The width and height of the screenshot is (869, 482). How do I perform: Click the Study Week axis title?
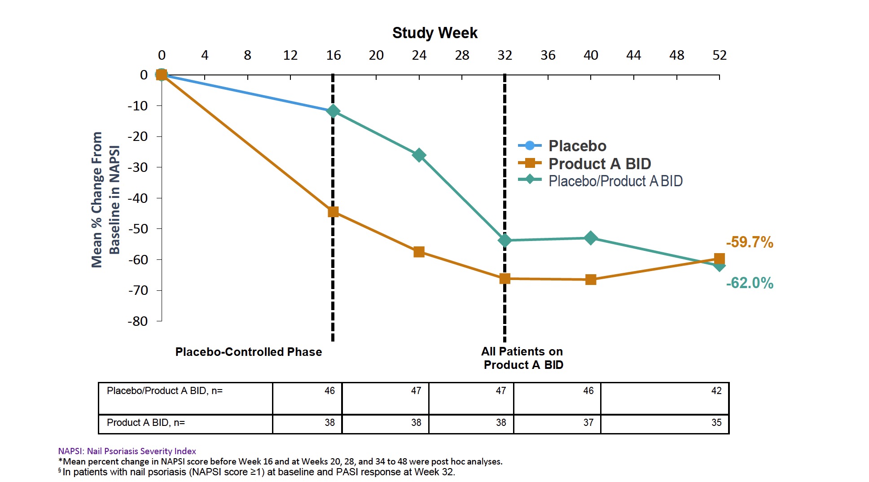tap(434, 33)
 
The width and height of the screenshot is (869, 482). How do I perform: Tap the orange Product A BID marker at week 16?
tap(333, 212)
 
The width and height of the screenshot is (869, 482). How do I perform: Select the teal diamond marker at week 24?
tap(419, 155)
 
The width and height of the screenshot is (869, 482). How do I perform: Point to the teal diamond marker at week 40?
tap(591, 238)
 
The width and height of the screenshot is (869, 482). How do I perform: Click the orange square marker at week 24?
tap(419, 252)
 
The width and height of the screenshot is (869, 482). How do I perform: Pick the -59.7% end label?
tap(750, 242)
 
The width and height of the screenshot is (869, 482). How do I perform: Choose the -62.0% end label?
tap(750, 283)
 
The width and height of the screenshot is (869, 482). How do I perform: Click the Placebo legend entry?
tap(577, 146)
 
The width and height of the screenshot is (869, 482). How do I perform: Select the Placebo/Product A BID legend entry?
tap(615, 181)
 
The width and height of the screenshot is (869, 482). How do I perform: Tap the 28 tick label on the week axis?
tap(462, 55)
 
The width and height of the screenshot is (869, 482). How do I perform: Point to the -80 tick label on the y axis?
tap(138, 321)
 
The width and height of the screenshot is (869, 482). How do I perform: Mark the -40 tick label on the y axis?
tap(138, 198)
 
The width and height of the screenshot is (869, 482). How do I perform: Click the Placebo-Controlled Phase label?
tap(249, 352)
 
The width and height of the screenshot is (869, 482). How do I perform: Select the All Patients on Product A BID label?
tap(523, 358)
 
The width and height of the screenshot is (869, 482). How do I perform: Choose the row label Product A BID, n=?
tap(146, 423)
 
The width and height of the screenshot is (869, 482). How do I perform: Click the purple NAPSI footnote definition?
tap(127, 451)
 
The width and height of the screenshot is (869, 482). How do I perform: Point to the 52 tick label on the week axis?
tap(719, 55)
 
